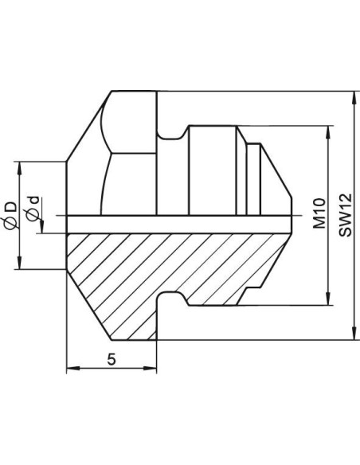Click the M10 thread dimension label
319,213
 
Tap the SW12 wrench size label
346,215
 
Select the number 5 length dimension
112,359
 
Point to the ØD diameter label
11,215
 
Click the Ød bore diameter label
33,209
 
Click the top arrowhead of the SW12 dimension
354,98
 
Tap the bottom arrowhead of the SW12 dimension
354,334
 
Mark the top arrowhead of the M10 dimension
328,132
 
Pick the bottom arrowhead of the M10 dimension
328,299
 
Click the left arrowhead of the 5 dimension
73,369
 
